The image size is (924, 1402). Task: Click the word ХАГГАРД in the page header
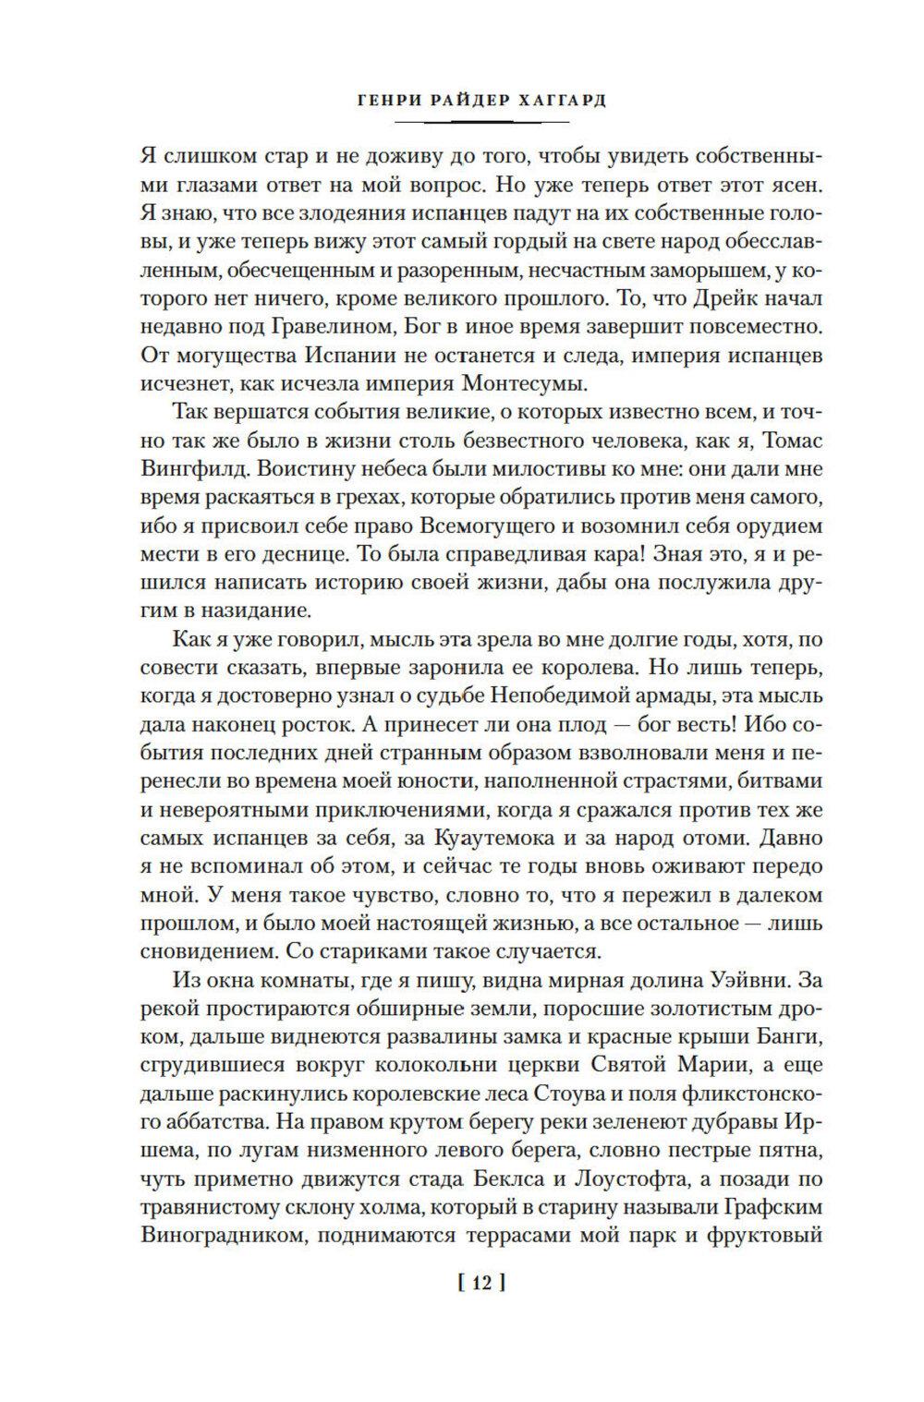tap(557, 101)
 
